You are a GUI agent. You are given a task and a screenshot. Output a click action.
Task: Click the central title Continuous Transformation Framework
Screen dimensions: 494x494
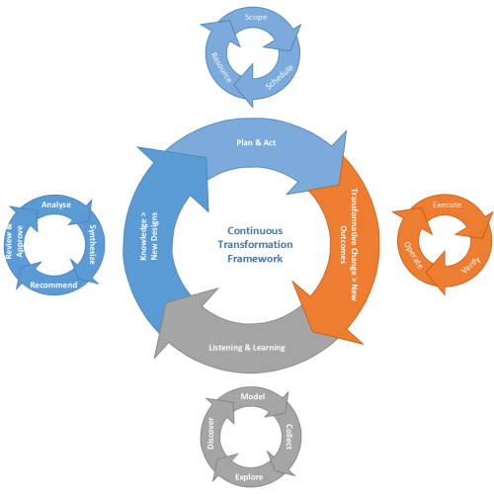click(x=246, y=242)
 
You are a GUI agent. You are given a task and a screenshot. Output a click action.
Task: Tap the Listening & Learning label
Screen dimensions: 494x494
click(x=246, y=348)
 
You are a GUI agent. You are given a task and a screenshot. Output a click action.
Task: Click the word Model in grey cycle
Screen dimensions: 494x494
click(x=253, y=396)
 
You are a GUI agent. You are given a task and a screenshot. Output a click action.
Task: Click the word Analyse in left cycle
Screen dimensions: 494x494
click(x=56, y=204)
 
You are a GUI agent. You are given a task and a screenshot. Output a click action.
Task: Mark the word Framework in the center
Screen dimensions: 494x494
click(x=246, y=258)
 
